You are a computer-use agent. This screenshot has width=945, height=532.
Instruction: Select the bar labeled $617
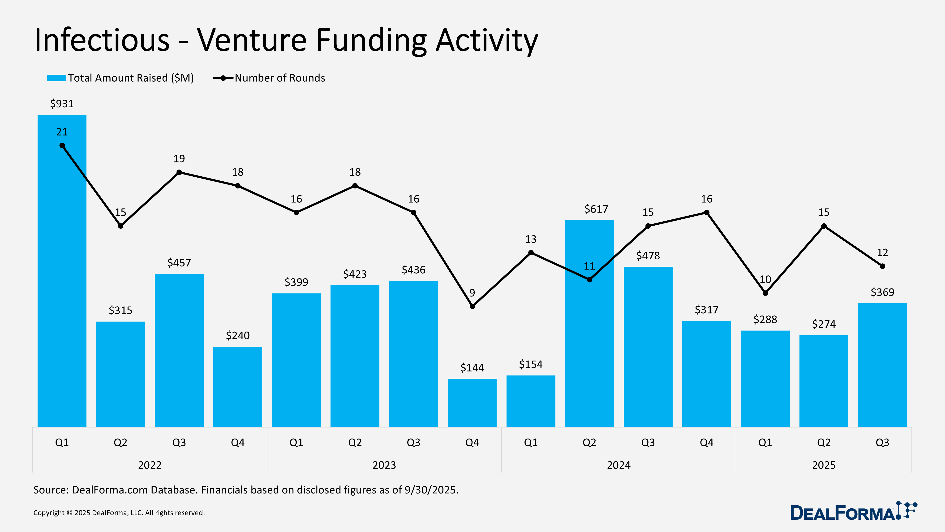point(589,331)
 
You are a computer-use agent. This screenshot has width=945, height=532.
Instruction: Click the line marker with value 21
point(62,146)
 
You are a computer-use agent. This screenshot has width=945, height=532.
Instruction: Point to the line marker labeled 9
point(472,306)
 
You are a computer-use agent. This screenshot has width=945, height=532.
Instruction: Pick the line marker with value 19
point(179,172)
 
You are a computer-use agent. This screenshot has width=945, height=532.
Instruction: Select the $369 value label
point(882,292)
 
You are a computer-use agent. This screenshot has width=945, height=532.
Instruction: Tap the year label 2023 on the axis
point(384,465)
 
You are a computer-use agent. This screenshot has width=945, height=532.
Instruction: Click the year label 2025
point(824,465)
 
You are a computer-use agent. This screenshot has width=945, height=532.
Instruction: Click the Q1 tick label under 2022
point(62,442)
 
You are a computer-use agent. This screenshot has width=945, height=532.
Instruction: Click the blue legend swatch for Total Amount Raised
point(56,78)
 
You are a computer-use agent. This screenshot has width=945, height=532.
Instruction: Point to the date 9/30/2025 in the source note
point(431,490)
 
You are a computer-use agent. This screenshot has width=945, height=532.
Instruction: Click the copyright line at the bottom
point(119,513)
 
